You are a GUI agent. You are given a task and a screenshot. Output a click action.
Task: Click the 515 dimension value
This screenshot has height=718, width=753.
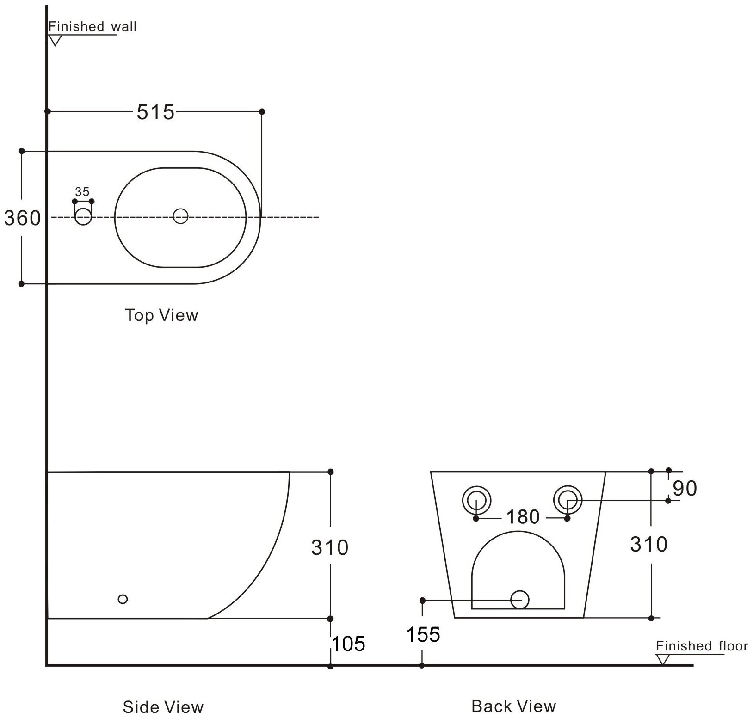[155, 112]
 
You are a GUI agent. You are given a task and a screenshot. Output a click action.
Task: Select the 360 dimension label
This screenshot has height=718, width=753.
[22, 218]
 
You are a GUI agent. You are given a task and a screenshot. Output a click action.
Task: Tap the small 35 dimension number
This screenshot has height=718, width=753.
[82, 192]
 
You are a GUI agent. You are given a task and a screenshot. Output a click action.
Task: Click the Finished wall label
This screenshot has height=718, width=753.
[93, 26]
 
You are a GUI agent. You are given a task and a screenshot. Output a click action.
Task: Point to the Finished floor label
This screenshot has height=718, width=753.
[702, 646]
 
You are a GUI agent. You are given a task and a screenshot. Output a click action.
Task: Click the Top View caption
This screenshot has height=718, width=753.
[161, 315]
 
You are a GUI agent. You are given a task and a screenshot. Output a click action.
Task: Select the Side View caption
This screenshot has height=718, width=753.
[163, 707]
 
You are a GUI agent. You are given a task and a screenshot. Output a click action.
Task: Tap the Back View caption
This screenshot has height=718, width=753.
[513, 706]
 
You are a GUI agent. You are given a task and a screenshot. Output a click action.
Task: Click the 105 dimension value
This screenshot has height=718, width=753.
[349, 644]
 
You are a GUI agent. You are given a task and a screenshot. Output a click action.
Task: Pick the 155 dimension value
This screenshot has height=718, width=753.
[423, 635]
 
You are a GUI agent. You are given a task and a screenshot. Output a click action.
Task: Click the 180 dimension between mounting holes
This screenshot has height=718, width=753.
[523, 517]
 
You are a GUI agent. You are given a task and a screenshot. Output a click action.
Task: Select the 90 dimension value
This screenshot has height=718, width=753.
[685, 488]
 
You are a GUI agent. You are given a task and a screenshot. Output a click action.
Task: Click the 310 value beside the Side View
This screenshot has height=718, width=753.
[329, 547]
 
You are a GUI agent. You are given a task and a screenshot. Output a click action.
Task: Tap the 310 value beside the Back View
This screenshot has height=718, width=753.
[648, 545]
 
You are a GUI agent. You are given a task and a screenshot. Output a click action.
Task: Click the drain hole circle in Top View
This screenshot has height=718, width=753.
[180, 216]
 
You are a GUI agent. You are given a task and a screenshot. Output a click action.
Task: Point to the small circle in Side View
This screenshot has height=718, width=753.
[123, 599]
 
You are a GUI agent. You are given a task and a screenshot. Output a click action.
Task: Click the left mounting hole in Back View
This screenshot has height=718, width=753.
[476, 500]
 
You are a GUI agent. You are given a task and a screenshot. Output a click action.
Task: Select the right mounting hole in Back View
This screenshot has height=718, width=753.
[568, 500]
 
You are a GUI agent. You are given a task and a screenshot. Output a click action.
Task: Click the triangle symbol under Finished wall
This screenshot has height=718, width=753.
[56, 40]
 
